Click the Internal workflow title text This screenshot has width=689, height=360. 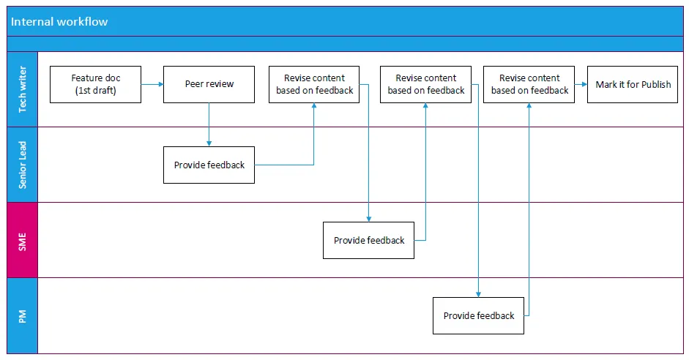click(59, 22)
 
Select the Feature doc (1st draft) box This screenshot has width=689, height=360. click(95, 84)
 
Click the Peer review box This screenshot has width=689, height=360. click(209, 84)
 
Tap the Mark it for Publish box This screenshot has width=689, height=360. click(633, 84)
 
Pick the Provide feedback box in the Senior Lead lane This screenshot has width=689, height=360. click(209, 165)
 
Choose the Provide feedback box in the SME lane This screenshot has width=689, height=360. click(368, 240)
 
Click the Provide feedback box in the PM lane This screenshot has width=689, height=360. click(478, 315)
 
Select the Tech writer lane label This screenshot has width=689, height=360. click(22, 89)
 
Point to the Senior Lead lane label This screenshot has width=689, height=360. click(22, 165)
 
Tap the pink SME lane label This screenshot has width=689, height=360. click(22, 240)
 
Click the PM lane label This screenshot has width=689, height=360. click(22, 316)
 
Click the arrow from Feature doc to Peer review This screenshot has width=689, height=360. click(152, 85)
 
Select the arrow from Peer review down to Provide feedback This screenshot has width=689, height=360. click(209, 124)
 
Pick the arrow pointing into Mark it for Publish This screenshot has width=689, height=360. click(581, 85)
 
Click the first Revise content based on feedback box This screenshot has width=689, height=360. click(314, 84)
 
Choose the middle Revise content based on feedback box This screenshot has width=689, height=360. click(425, 84)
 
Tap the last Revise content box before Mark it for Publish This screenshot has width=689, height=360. click(529, 84)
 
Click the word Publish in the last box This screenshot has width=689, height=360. click(655, 85)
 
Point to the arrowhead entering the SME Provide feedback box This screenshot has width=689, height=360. click(369, 219)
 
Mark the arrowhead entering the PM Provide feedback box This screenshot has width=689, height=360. click(479, 294)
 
